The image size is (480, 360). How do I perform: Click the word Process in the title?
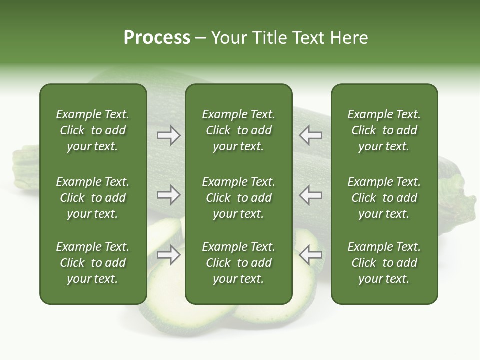tap(157, 38)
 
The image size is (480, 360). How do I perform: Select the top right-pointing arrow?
tap(169, 135)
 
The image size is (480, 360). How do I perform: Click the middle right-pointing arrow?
tap(169, 195)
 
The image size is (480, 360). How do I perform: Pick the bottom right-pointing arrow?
tap(169, 255)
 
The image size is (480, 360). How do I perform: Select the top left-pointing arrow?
tap(310, 135)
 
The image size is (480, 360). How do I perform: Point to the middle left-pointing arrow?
tap(310, 195)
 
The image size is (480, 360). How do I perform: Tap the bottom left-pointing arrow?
tap(310, 255)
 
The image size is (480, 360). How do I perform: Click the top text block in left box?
tap(93, 130)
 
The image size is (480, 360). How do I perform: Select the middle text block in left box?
tap(93, 198)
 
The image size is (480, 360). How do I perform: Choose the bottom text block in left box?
tap(93, 263)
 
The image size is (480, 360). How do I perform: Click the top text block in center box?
tap(238, 130)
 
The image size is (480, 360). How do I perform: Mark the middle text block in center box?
tap(238, 198)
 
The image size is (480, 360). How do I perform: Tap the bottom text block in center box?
tap(238, 263)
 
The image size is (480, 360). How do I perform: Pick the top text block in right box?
tap(384, 130)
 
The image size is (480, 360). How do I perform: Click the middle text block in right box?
tap(384, 198)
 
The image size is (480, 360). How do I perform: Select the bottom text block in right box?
tap(384, 263)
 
